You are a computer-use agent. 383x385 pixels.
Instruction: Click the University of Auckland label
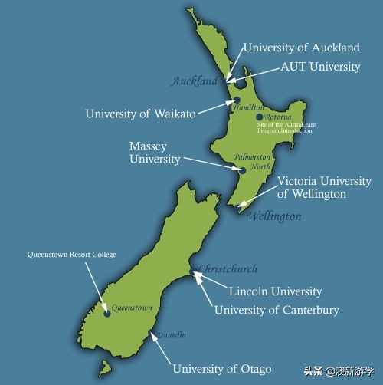coord(300,48)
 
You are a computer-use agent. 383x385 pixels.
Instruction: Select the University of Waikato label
coord(139,114)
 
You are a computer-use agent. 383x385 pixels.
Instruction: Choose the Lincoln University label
coord(276,291)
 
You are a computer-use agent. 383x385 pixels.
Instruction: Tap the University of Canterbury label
coord(277,310)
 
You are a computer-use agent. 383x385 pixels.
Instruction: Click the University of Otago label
coord(221,369)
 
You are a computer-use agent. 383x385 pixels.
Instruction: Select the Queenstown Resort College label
coord(71,254)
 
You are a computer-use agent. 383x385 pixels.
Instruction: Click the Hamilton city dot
coord(237,100)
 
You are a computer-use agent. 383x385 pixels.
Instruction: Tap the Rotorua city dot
coord(260,117)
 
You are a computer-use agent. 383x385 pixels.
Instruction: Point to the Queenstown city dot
coord(106,313)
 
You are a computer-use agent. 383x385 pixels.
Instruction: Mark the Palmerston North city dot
coord(241,171)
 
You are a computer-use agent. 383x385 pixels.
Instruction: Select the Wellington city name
coord(274,217)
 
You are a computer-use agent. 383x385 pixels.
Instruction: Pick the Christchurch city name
coord(228,269)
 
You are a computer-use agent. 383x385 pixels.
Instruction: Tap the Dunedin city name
coord(172,334)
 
